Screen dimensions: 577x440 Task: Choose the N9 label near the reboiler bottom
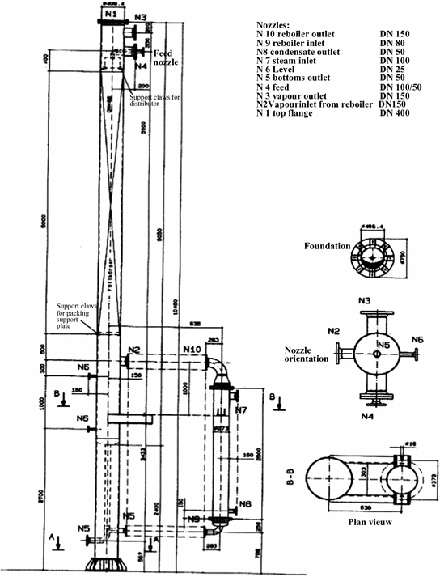tap(193, 518)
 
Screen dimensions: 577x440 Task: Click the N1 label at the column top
tap(112, 15)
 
